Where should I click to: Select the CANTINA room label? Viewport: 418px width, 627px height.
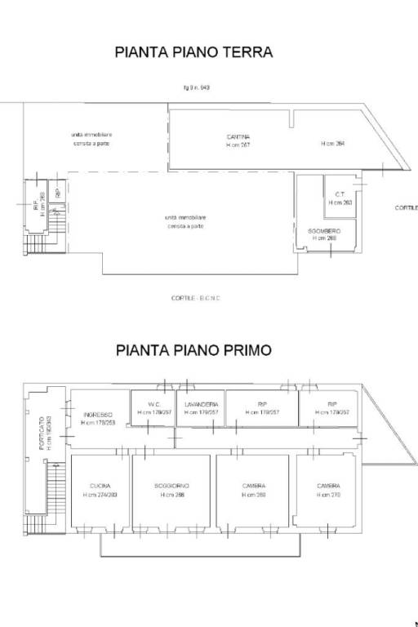(x=238, y=136)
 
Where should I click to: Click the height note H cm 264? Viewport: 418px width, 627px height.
(x=333, y=144)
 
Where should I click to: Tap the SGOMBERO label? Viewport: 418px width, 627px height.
(x=324, y=232)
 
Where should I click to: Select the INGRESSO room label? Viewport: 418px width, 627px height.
(x=97, y=415)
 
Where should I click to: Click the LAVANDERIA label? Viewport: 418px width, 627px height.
(x=202, y=405)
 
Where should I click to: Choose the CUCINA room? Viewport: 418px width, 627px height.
(x=100, y=487)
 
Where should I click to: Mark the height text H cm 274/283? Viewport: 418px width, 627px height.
(x=100, y=495)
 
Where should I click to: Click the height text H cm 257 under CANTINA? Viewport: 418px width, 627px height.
(x=238, y=145)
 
